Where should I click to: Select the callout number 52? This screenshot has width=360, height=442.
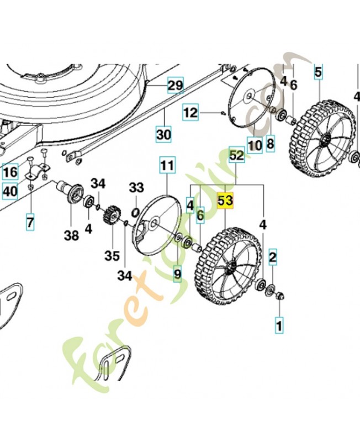pos(236,156)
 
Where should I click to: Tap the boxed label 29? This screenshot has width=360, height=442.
pos(175,86)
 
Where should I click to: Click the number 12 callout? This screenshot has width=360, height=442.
pos(190,113)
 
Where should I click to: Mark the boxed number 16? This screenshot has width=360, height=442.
pos(10,172)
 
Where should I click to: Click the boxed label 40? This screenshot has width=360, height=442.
pos(10,191)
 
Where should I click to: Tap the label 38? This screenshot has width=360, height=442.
pos(71,236)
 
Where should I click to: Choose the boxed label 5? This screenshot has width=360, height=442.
pos(317,71)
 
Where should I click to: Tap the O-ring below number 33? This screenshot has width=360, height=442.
pos(136,212)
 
